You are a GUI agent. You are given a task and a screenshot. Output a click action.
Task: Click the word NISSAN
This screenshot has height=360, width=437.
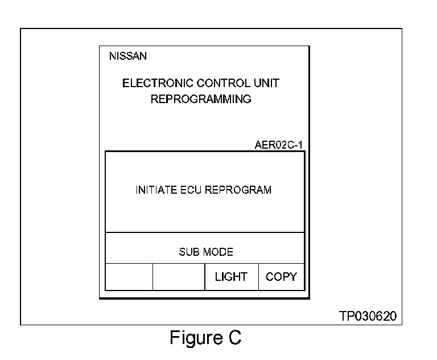pyautogui.click(x=127, y=56)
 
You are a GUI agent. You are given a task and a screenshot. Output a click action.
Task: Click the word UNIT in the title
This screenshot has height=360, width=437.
pyautogui.click(x=266, y=83)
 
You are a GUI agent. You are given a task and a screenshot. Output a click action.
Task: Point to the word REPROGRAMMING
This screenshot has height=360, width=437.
pyautogui.click(x=201, y=99)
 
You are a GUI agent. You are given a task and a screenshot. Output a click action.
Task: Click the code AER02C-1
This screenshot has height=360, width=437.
pyautogui.click(x=279, y=145)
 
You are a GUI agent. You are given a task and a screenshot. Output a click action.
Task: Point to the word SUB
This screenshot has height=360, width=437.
pyautogui.click(x=188, y=252)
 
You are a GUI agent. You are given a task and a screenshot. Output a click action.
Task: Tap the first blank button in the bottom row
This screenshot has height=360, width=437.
pyautogui.click(x=129, y=277)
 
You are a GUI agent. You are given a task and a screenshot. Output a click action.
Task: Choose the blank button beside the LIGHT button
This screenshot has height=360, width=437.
pyautogui.click(x=179, y=277)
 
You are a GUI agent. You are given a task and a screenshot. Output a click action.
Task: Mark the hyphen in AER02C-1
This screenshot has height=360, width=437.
pyautogui.click(x=295, y=145)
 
